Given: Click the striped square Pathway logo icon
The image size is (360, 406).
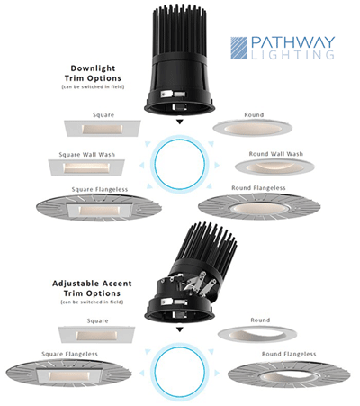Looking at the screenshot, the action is (238, 48).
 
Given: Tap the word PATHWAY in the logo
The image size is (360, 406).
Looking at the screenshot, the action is (292, 42).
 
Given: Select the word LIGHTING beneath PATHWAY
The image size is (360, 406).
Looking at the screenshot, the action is (292, 55).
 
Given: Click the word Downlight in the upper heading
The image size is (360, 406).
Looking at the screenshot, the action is (93, 68).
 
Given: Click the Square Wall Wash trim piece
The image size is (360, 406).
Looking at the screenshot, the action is (86, 167).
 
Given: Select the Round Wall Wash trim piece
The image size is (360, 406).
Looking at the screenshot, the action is (274, 167).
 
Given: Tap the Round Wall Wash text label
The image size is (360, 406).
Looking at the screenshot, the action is (276, 154).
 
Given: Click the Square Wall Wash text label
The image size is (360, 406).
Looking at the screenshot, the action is (87, 155).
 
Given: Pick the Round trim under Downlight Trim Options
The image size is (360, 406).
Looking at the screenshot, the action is (253, 128).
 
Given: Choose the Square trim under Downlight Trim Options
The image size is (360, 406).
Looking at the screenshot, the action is (103, 129).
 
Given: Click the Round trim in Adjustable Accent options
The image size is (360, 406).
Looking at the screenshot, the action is (257, 334).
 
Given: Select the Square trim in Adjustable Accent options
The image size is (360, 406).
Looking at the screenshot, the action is (96, 335).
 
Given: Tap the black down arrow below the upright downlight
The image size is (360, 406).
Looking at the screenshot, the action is (179, 122).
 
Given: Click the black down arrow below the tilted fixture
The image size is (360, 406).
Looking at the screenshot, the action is (179, 329).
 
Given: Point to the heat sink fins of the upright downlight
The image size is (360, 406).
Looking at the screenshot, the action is (179, 30).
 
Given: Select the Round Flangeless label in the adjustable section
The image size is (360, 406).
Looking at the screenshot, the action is (289, 354).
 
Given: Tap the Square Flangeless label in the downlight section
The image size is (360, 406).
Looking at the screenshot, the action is (100, 189).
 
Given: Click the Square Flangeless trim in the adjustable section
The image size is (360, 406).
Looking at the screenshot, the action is (68, 374).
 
